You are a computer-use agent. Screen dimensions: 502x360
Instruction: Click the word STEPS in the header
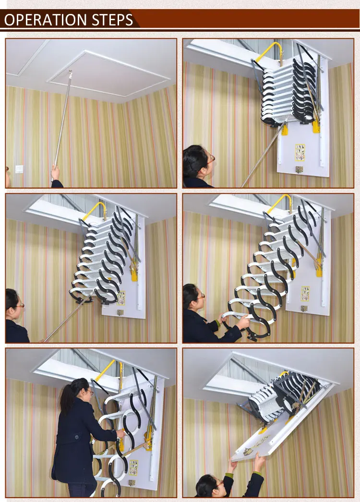[113, 20]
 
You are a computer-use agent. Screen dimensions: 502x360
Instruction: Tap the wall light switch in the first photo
[19, 169]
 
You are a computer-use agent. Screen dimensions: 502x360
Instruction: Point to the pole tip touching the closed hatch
[70, 72]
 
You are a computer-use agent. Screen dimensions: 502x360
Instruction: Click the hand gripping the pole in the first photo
[56, 172]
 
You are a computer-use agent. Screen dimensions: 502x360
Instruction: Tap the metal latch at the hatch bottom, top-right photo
[299, 169]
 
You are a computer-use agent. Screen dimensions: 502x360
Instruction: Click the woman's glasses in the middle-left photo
[19, 305]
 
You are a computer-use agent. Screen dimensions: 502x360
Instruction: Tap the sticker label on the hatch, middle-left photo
[121, 297]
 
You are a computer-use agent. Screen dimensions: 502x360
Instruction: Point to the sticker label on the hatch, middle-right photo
[305, 293]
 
